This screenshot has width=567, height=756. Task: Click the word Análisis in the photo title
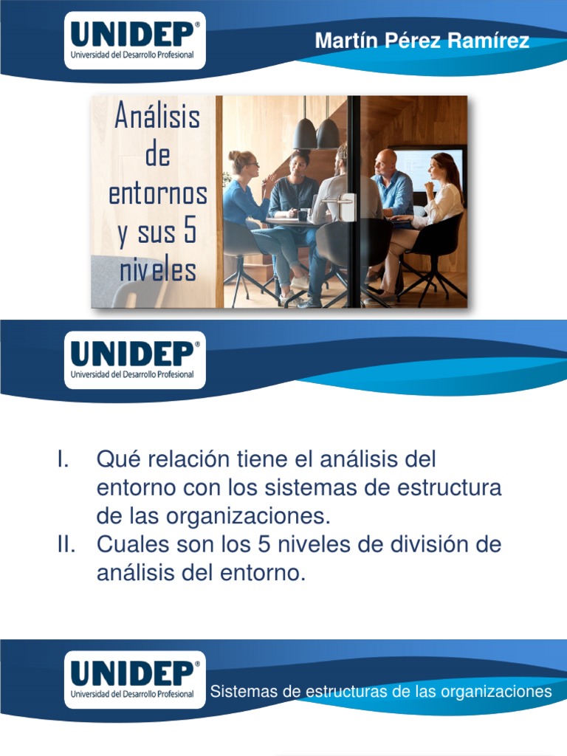coord(157,117)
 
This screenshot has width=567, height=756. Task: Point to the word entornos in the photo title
coord(157,193)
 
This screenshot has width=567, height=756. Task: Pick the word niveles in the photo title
coord(157,270)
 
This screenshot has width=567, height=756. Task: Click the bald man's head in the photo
coord(385,160)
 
